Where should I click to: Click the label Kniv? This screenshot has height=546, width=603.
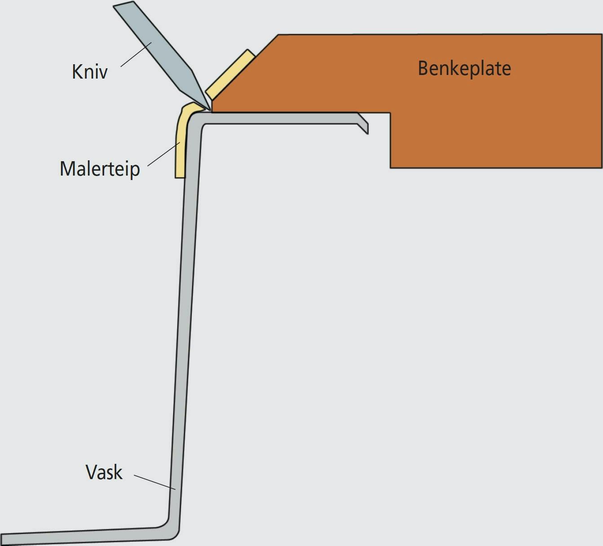click(90, 71)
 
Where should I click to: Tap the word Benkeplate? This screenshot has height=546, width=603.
click(464, 69)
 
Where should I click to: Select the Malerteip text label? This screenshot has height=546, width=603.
click(100, 169)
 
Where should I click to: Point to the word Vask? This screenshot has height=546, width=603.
click(104, 472)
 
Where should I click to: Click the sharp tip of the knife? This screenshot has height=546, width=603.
click(211, 110)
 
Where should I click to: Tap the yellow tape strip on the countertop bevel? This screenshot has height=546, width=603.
click(230, 74)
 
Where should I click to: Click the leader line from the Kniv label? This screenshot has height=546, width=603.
click(136, 54)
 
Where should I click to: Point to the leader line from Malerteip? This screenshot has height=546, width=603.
click(163, 154)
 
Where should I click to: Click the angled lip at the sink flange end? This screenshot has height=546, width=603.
click(362, 123)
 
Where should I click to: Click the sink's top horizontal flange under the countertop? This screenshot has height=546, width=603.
click(280, 118)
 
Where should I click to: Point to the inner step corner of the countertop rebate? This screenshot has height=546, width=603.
click(390, 113)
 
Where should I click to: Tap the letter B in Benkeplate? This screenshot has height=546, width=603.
click(423, 69)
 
